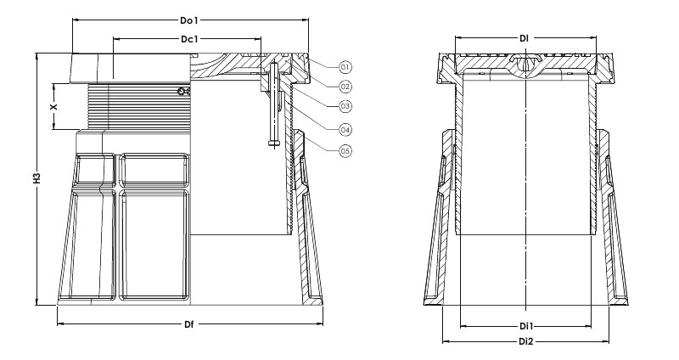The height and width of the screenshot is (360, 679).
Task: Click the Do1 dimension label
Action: click(x=189, y=20)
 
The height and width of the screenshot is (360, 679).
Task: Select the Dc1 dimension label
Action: click(x=189, y=39)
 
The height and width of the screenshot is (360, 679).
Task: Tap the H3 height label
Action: click(x=36, y=178)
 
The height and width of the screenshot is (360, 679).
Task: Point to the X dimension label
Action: click(x=53, y=106)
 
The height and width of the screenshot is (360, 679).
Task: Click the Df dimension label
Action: click(x=188, y=324)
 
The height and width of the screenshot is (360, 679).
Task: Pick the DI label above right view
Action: click(x=524, y=38)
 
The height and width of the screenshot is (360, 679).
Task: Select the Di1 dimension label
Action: click(x=526, y=326)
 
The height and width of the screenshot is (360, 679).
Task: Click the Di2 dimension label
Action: click(x=526, y=342)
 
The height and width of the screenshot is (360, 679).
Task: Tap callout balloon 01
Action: click(x=345, y=67)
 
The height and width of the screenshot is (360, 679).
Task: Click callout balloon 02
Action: click(x=345, y=87)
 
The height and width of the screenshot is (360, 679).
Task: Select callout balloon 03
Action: click(x=345, y=106)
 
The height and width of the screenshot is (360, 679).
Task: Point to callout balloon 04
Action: click(x=345, y=129)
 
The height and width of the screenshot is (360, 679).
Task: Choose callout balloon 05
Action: click(x=345, y=151)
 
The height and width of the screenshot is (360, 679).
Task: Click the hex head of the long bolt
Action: click(x=273, y=142)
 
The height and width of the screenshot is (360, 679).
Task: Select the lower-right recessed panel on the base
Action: click(x=154, y=245)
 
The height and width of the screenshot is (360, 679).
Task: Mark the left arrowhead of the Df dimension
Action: click(x=60, y=323)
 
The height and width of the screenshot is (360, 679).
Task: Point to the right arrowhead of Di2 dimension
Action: click(x=606, y=342)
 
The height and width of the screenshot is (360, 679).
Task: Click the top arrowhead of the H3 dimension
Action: click(x=37, y=57)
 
